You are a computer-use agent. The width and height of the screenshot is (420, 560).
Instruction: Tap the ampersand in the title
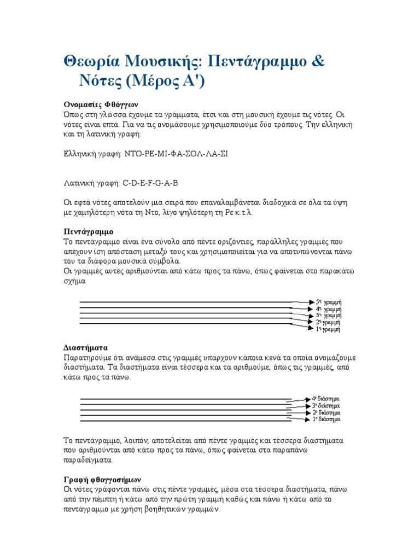point(317,62)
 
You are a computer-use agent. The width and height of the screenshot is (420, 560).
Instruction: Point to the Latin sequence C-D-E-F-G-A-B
point(150,183)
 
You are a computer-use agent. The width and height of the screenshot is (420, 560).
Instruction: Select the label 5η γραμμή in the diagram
point(329,302)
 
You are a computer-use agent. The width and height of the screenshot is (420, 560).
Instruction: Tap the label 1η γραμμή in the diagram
point(328,330)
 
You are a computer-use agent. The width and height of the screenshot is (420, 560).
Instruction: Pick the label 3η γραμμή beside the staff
point(329,316)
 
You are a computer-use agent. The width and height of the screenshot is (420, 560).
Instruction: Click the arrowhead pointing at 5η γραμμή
point(310,301)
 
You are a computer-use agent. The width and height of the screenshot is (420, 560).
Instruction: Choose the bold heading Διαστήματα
point(86,347)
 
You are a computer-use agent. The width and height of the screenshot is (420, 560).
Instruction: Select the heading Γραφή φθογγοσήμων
point(102,479)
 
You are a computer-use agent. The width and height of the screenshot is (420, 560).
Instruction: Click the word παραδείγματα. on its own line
point(90,460)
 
